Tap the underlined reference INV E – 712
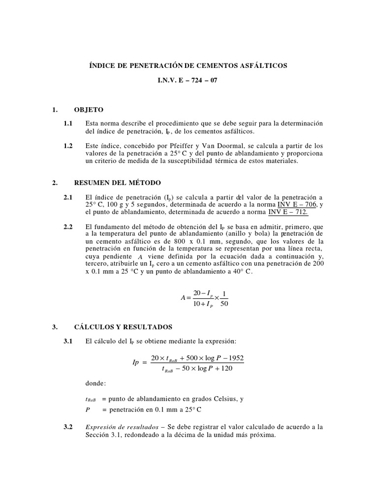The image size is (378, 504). click(x=288, y=212)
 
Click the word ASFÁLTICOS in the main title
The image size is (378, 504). click(x=263, y=65)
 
